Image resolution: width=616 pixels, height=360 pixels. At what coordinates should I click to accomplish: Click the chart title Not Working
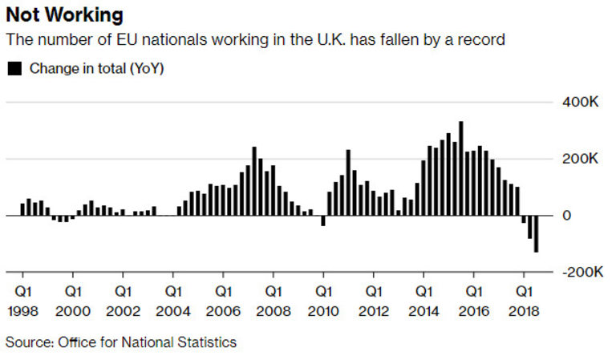[x=65, y=14]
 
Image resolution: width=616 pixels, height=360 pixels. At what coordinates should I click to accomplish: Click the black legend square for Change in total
[x=14, y=69]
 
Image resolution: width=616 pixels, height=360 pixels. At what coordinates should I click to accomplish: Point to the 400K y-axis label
[x=579, y=103]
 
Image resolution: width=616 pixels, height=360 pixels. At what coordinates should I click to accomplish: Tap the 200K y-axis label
[x=579, y=159]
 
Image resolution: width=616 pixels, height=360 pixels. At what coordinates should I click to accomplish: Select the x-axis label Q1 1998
[x=23, y=297]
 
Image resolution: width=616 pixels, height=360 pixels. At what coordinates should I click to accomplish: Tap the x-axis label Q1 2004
[x=172, y=297]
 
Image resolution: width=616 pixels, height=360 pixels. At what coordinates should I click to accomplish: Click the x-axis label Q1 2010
[x=323, y=297]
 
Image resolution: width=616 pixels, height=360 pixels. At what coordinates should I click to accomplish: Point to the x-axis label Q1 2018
[x=523, y=297]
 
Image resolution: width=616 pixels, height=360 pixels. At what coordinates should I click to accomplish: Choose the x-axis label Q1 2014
[x=423, y=297]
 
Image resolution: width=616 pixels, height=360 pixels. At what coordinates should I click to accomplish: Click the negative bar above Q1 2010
[x=323, y=220]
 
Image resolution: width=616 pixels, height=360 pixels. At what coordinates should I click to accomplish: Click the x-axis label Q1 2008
[x=273, y=297]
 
